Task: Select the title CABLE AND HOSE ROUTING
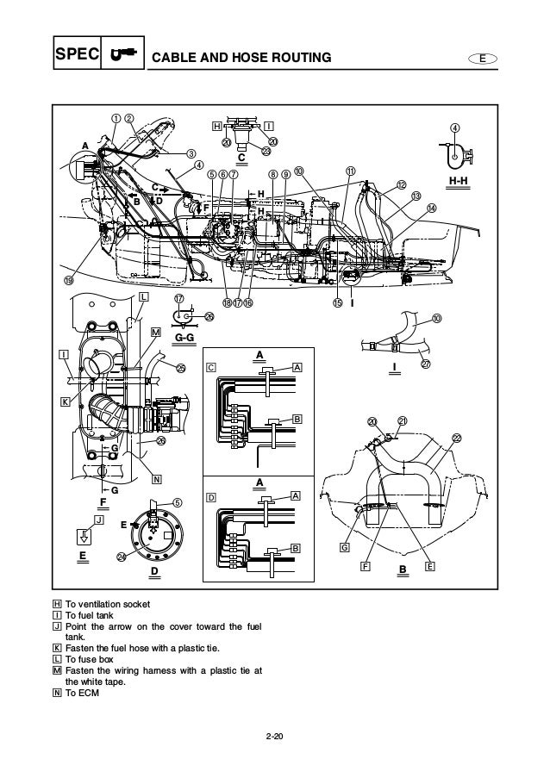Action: (241, 59)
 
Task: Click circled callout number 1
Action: (114, 118)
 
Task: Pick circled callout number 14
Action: (432, 208)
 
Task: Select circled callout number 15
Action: (338, 302)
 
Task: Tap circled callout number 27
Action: (426, 364)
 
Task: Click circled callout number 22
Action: (457, 439)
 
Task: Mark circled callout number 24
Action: (121, 557)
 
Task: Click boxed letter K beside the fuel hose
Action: (64, 401)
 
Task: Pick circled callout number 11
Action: (351, 171)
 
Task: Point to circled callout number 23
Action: (266, 151)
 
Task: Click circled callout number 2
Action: (129, 118)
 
